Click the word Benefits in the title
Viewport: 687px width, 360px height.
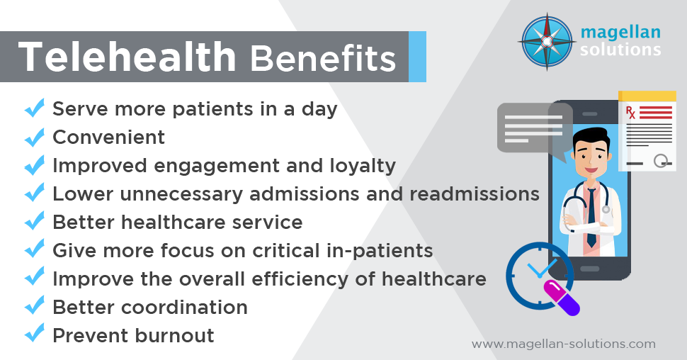click(322, 58)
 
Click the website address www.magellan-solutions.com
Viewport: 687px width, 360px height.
click(564, 344)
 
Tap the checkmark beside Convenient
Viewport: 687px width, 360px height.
click(33, 137)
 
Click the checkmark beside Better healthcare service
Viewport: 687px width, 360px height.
click(33, 222)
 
